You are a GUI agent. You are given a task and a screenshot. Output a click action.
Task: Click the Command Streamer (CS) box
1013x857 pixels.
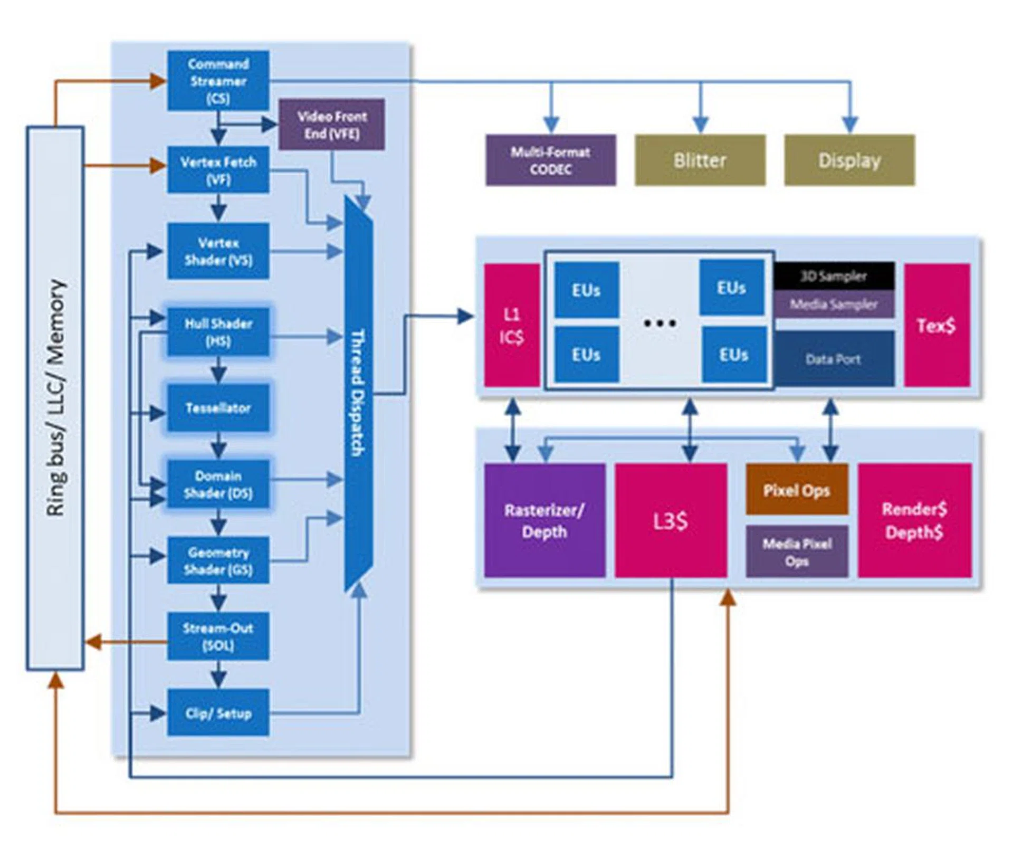pyautogui.click(x=218, y=81)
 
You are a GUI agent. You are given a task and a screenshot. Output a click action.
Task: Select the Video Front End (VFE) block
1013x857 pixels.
pyautogui.click(x=331, y=125)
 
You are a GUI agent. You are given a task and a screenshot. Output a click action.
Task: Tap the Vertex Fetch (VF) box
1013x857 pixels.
pyautogui.click(x=218, y=170)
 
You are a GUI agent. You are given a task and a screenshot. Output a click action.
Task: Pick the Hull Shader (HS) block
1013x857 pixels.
pyautogui.click(x=218, y=332)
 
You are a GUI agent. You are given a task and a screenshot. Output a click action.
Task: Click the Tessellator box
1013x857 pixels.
pyautogui.click(x=218, y=408)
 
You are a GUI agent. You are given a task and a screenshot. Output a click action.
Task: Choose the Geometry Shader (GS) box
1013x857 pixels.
pyautogui.click(x=218, y=560)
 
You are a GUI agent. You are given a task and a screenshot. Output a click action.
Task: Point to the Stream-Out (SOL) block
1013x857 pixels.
pyautogui.click(x=218, y=636)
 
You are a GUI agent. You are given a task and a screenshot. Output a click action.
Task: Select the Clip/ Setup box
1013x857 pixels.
pyautogui.click(x=218, y=713)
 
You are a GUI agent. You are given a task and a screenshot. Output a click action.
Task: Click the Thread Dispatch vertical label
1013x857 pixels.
pyautogui.click(x=358, y=393)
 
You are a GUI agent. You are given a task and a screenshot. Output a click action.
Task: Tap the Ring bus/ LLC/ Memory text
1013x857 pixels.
pyautogui.click(x=55, y=398)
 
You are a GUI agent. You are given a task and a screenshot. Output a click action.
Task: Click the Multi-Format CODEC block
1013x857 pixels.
pyautogui.click(x=550, y=160)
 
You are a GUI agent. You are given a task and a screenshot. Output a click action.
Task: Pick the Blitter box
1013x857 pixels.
pyautogui.click(x=700, y=160)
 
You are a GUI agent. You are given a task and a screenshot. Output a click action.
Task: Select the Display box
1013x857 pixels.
pyautogui.click(x=849, y=160)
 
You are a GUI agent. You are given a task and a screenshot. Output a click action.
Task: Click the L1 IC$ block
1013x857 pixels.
pyautogui.click(x=512, y=325)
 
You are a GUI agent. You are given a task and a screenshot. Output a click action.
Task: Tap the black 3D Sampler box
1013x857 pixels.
pyautogui.click(x=834, y=276)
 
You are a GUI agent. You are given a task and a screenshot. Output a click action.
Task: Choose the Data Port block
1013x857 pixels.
pyautogui.click(x=834, y=359)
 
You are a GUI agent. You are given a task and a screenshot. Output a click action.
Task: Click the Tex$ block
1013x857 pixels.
pyautogui.click(x=936, y=325)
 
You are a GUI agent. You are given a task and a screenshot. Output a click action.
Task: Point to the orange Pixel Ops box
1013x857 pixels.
pyautogui.click(x=797, y=490)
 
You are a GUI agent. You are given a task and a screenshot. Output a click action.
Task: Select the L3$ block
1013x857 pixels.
pyautogui.click(x=671, y=521)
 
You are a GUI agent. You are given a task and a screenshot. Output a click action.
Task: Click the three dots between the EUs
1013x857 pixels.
pyautogui.click(x=660, y=323)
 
